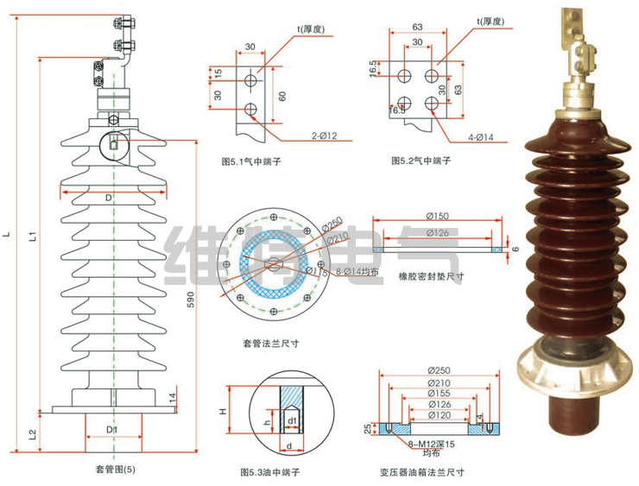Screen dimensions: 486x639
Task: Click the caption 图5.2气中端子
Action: pos(423,161)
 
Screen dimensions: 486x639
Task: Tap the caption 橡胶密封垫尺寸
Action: pos(431,277)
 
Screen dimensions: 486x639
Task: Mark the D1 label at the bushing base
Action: pos(112,429)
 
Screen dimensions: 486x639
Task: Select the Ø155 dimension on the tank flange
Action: pos(440,394)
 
